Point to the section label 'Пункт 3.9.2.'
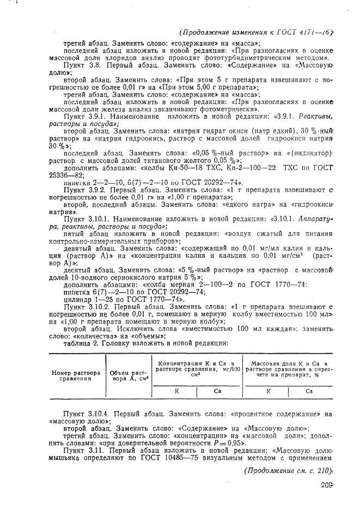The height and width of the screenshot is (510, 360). click(x=87, y=190)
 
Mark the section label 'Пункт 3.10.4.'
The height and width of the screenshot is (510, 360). click(x=88, y=414)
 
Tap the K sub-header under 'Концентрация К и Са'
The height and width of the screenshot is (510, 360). click(x=176, y=391)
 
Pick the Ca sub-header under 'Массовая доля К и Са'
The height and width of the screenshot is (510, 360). click(x=309, y=391)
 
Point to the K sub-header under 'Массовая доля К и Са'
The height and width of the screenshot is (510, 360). click(x=269, y=391)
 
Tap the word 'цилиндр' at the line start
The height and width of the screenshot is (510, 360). click(x=78, y=300)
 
